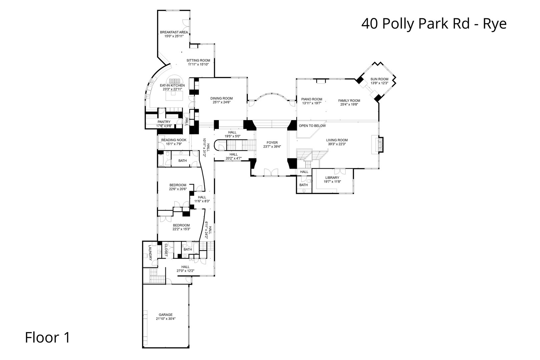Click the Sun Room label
379,79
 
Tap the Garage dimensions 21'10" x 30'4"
165,319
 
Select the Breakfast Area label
174,32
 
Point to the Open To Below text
312,126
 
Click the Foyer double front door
271,172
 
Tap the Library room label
332,178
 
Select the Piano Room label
312,99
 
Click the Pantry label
164,122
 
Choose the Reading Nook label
174,140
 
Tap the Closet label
166,250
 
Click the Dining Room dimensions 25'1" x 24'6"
221,102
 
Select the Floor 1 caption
48,337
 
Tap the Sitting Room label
198,60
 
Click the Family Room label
349,100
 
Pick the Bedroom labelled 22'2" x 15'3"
181,225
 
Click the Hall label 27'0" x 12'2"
185,267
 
